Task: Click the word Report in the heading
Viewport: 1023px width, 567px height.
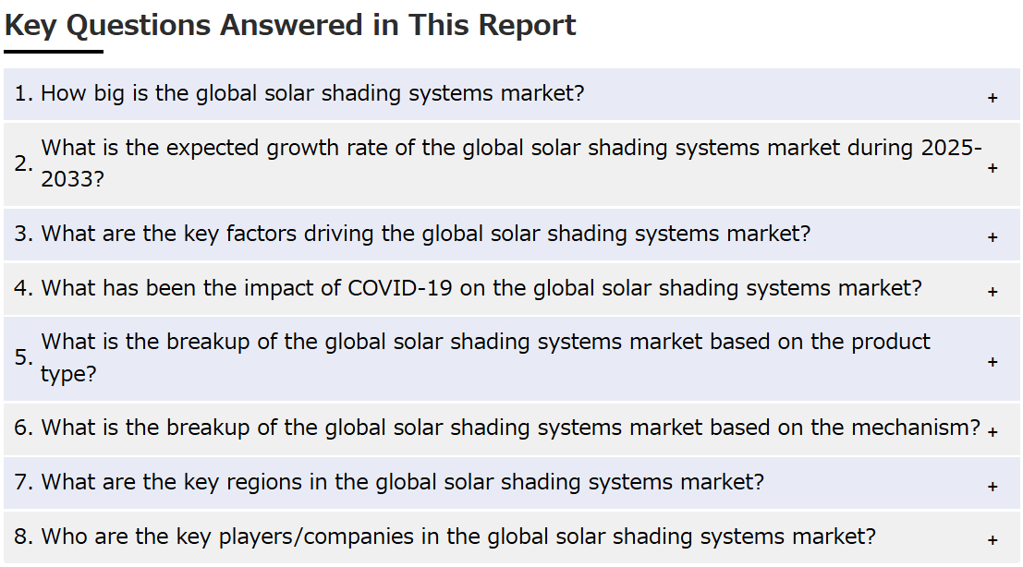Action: point(527,27)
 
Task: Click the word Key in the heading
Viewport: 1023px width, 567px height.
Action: point(30,27)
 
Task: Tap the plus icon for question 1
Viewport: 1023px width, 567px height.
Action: point(993,98)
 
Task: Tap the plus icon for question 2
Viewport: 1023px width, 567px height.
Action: point(993,168)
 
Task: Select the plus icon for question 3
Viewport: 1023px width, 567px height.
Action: point(993,237)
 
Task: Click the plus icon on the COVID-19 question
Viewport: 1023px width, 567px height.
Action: point(993,292)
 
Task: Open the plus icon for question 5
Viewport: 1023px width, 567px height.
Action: point(993,362)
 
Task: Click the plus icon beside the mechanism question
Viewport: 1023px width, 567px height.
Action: point(993,432)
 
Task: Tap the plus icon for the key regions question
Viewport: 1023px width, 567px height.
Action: point(993,487)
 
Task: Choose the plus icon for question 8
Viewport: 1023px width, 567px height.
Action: point(993,540)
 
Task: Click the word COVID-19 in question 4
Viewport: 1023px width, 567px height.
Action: point(400,288)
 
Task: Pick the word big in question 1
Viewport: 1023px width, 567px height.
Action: point(109,94)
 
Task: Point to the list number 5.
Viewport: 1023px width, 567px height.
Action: point(23,357)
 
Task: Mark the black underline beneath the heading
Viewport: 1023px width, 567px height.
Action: point(54,52)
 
